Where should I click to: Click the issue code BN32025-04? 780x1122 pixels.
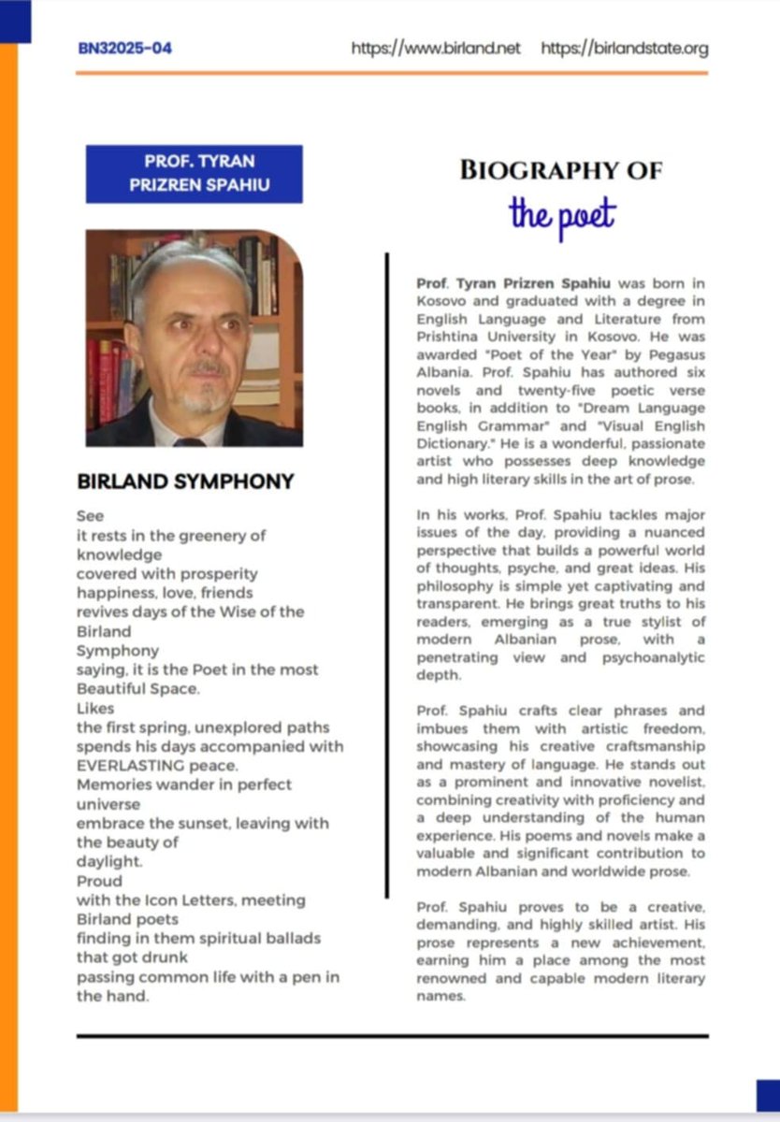125,48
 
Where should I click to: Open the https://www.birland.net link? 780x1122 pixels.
435,48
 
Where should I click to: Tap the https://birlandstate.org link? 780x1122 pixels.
625,48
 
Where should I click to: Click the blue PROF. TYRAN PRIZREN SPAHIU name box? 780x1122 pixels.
195,173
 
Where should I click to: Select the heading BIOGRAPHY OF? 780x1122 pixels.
561,170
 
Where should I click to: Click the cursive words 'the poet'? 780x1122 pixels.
562,214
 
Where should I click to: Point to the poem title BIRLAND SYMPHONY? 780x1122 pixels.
185,482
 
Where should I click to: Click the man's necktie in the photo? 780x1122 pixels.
189,440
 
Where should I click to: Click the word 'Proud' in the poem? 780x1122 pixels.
99,881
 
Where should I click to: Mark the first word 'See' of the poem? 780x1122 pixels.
90,516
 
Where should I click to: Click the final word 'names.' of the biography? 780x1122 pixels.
441,997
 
